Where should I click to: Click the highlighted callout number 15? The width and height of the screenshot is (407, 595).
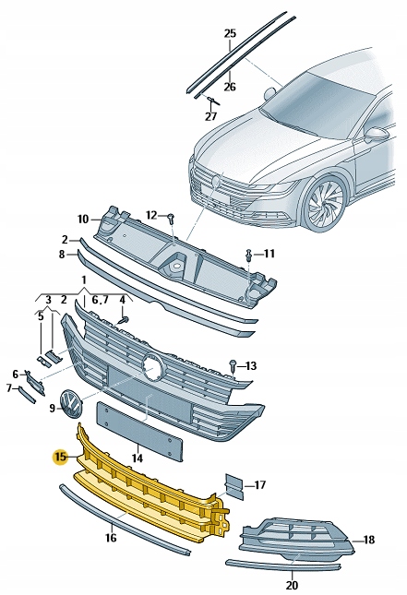coord(60,456)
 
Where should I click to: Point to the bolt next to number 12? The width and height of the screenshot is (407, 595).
coord(172,219)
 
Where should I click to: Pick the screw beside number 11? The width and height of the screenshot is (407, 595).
coord(248,253)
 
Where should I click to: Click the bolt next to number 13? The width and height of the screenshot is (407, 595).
coord(233,365)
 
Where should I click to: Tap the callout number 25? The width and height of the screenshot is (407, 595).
coord(230,33)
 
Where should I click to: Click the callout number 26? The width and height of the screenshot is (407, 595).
coord(230,87)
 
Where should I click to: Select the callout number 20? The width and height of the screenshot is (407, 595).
coord(292,585)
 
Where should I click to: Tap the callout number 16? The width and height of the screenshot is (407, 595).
coord(110,537)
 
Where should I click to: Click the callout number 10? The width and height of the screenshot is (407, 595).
coord(82,219)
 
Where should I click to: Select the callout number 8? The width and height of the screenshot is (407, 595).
coord(62,253)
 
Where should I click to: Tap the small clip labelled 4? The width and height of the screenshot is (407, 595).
coord(122,319)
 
